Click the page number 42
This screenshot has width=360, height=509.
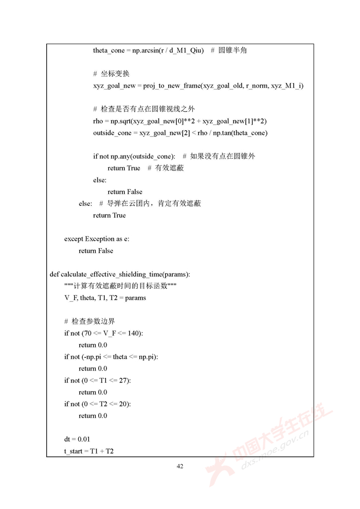[179, 466]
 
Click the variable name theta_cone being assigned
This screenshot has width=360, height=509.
[110, 50]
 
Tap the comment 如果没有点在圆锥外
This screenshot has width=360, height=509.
[222, 156]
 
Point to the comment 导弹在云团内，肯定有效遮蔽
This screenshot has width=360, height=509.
[154, 204]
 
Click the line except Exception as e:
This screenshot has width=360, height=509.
[97, 239]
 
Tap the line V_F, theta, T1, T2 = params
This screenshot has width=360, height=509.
[105, 298]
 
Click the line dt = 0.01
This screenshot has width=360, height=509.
[77, 439]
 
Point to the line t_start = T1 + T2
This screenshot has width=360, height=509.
[89, 451]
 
